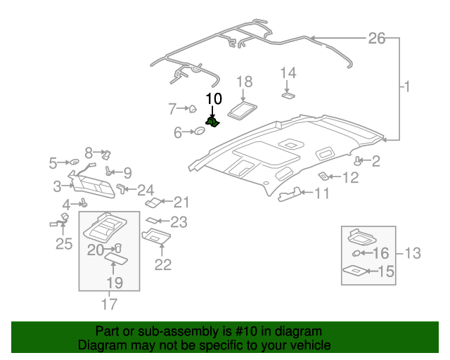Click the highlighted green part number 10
pyautogui.click(x=212, y=122)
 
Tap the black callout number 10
pyautogui.click(x=213, y=98)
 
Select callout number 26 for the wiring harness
pyautogui.click(x=377, y=38)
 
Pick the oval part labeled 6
pyautogui.click(x=200, y=131)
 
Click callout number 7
pyautogui.click(x=172, y=108)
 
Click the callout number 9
pyautogui.click(x=127, y=172)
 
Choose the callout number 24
pyautogui.click(x=146, y=190)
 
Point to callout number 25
pyautogui.click(x=64, y=244)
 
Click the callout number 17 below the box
pyautogui.click(x=110, y=304)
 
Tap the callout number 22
pyautogui.click(x=163, y=264)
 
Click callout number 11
pyautogui.click(x=321, y=193)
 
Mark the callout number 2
pyautogui.click(x=375, y=162)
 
